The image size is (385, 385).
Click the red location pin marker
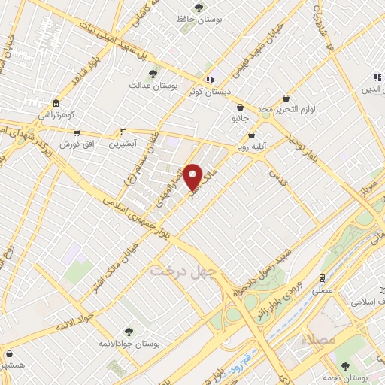click(193, 176)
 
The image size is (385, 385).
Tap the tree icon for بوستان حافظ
click(199, 8)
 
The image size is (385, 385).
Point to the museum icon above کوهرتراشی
click(56, 104)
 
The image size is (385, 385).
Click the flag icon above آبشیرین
click(123, 131)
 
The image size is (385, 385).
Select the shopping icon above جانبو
click(240, 107)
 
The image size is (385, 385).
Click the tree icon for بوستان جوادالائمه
click(128, 330)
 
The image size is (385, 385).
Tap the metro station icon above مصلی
click(321, 274)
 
